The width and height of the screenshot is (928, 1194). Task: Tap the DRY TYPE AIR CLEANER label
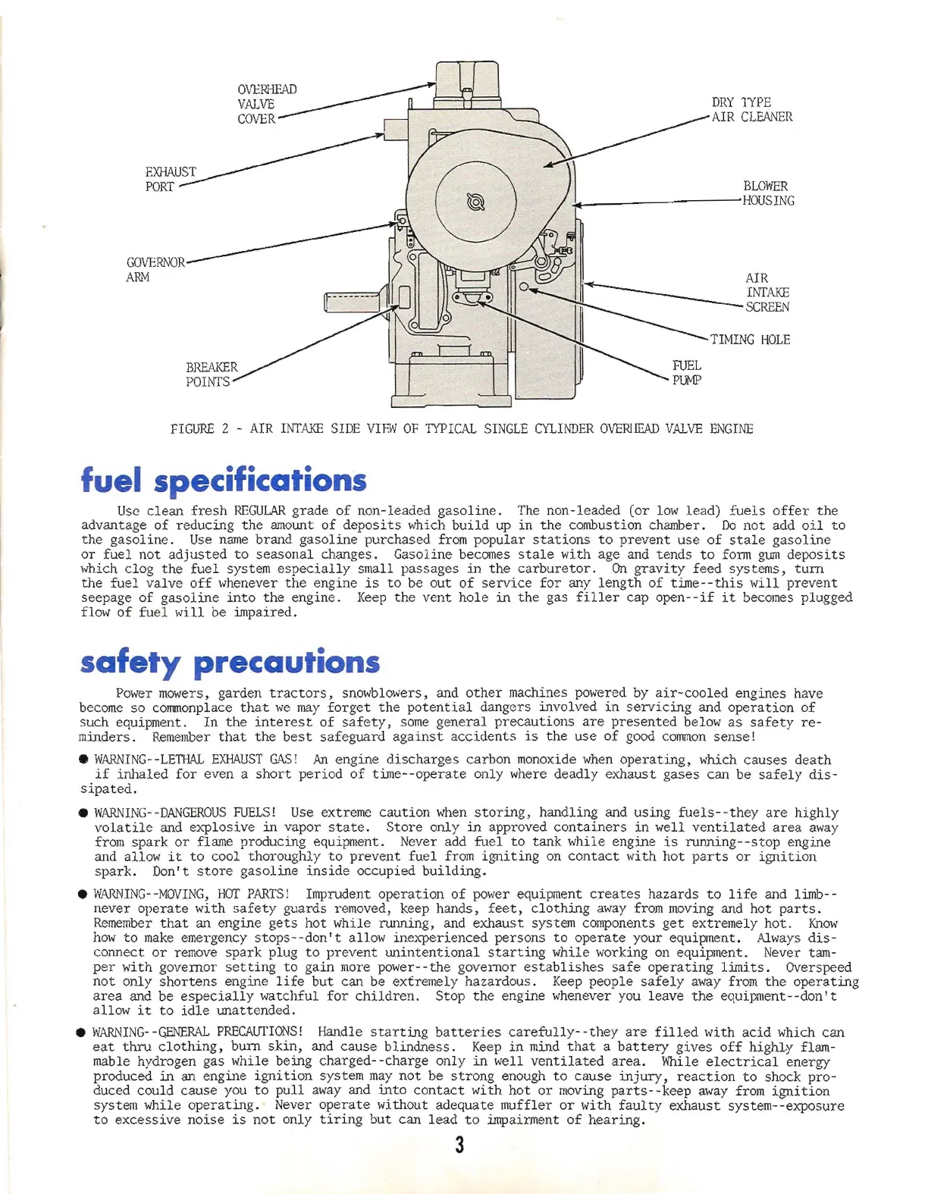[751, 109]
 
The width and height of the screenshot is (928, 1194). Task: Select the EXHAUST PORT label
[170, 179]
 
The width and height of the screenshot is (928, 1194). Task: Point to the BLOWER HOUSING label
[768, 193]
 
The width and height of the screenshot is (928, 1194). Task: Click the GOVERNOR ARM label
[155, 269]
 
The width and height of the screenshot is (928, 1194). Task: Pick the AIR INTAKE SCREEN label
[767, 293]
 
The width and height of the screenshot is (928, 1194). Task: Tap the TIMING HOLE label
[749, 340]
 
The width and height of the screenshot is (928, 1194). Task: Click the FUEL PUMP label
[686, 372]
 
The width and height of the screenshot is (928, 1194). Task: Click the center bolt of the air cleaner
[476, 202]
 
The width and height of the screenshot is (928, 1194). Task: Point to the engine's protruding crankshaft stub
[350, 302]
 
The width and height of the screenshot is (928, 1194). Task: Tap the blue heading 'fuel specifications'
[224, 480]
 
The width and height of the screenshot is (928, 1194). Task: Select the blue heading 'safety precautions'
[229, 662]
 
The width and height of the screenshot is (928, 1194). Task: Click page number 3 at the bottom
[459, 1145]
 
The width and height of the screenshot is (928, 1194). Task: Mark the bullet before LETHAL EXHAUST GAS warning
[83, 760]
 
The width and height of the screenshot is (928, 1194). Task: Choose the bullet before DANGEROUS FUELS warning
[83, 813]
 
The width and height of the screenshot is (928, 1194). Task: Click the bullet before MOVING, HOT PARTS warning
[83, 895]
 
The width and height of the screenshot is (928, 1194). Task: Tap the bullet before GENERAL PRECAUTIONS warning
[81, 1033]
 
